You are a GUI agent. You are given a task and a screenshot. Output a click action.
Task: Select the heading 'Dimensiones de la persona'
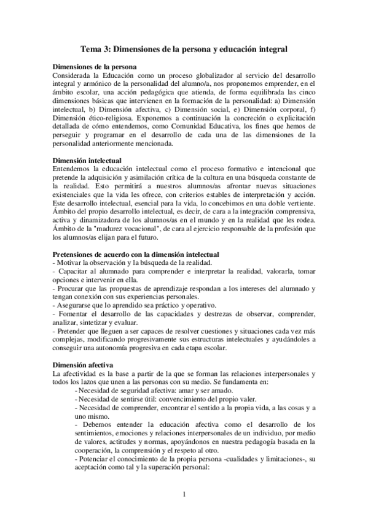tap(95, 67)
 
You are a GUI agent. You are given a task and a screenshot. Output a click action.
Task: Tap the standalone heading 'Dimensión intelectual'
tap(88, 161)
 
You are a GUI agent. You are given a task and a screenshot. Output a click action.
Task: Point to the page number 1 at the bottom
tap(184, 493)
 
